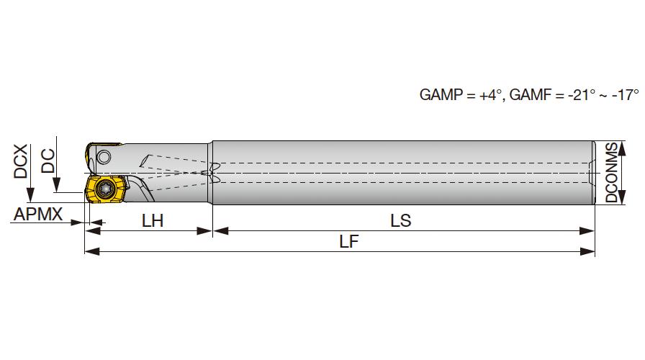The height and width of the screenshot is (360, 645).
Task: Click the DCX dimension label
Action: pos(21,161)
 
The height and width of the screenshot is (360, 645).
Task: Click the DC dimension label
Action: pos(48,161)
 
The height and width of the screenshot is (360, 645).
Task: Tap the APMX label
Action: pos(38,214)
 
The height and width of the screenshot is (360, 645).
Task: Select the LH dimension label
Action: pos(153,221)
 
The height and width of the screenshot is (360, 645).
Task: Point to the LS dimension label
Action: pos(401,221)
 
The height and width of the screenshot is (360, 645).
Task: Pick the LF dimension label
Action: pos(349,241)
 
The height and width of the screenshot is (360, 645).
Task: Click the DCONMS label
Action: pos(612,172)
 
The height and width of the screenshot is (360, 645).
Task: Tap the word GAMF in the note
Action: pos(531,94)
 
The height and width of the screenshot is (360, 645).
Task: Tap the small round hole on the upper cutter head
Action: pos(104,157)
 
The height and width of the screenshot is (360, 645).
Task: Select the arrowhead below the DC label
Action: pos(56,185)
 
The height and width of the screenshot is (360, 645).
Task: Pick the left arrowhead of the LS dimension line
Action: pos(221,231)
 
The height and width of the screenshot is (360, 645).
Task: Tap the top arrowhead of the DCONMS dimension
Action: pos(622,148)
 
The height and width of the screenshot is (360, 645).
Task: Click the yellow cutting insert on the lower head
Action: pos(105,189)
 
